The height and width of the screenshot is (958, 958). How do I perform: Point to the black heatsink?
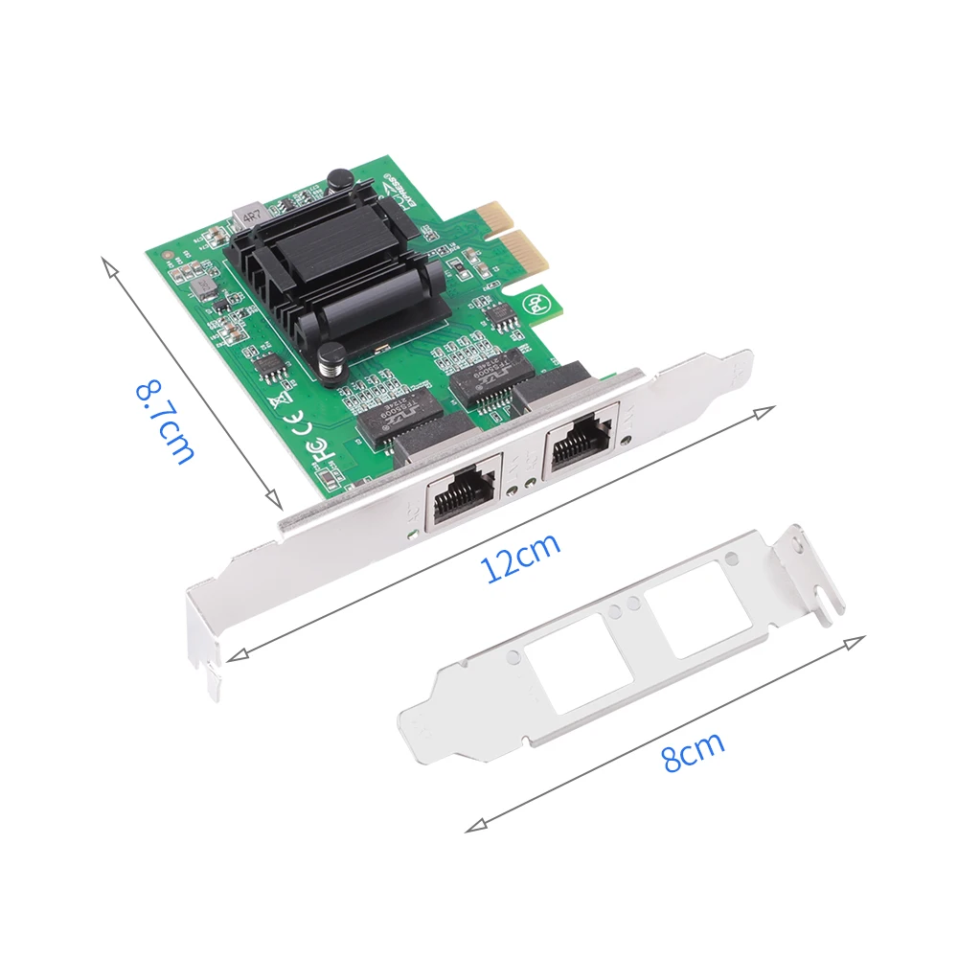point(335,273)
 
